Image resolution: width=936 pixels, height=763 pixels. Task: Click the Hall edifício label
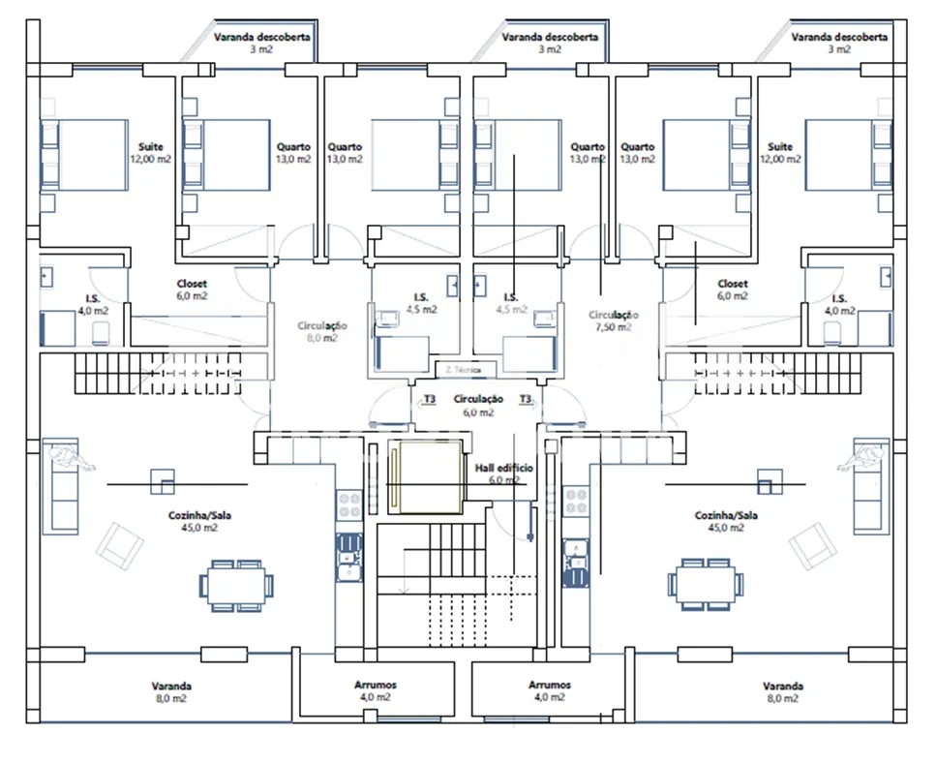point(503,473)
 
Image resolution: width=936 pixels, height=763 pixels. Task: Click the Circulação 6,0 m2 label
point(478,405)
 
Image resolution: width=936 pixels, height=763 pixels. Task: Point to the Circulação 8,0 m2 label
point(323,332)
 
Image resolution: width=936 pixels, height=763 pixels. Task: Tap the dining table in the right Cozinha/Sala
point(706,584)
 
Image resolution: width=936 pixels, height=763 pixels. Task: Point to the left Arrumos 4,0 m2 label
point(375,690)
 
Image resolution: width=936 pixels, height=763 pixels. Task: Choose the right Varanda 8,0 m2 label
point(782,691)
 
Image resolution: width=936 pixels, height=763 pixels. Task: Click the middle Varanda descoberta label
point(550,43)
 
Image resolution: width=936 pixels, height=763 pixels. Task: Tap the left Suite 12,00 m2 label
point(150,152)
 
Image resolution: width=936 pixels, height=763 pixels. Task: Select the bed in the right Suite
point(846,154)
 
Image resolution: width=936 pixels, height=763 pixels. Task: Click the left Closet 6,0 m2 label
point(192,290)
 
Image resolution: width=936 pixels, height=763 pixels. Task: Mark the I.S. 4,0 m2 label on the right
point(839,305)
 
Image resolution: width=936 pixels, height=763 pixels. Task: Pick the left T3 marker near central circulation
point(430,399)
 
